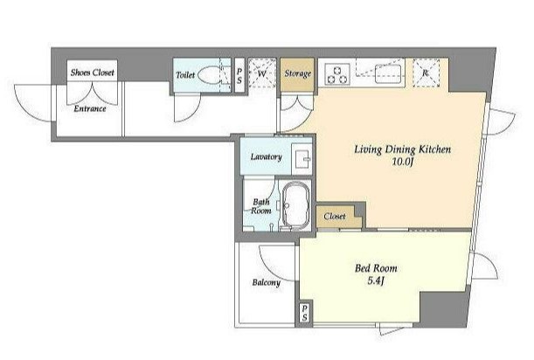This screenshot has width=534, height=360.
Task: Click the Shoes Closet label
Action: coord(93,73)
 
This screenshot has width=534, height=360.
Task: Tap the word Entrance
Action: coord(90,108)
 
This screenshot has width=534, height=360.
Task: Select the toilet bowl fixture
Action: coord(209,75)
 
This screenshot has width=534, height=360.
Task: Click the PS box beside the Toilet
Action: coord(239,75)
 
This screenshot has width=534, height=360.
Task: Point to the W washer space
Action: coord(261,73)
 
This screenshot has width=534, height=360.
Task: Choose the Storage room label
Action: coord(298,73)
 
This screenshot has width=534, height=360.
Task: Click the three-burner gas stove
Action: coord(337,74)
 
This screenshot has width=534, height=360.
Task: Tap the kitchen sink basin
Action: coord(390,74)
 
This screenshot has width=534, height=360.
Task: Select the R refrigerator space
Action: coord(426,73)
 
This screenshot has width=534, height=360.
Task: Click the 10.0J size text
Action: coord(403,163)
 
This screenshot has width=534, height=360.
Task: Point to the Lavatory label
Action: coord(266,157)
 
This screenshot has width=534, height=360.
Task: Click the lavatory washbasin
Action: coord(302,156)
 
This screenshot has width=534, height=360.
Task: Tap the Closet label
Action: coord(335,217)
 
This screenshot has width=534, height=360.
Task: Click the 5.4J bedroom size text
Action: coord(376,281)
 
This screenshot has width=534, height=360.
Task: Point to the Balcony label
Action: coord(267,282)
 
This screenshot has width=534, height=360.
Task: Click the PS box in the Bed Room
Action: coord(304,313)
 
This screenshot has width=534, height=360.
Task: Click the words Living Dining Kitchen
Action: coord(403,149)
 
